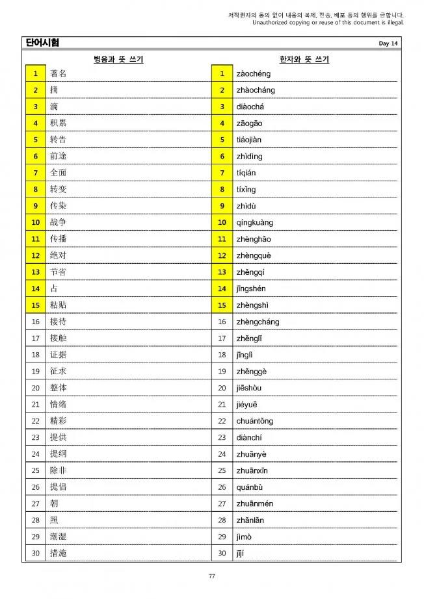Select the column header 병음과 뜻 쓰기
coord(118,60)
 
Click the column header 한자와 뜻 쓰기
coord(304,60)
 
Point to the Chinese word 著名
coord(58,73)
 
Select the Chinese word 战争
coord(58,222)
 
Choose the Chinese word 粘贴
coord(58,305)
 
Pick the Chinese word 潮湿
coord(58,537)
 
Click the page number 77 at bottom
coord(212,576)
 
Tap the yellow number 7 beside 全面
coord(35,173)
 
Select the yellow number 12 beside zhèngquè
coord(222,255)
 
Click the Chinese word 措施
coord(58,553)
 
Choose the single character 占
coord(54,288)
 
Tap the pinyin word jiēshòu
coord(250,388)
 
